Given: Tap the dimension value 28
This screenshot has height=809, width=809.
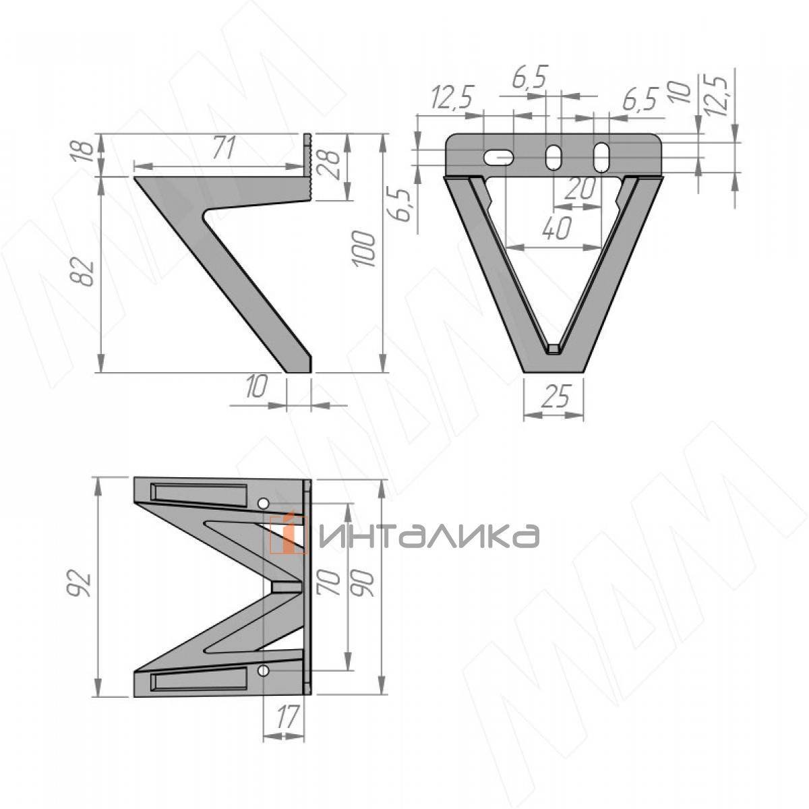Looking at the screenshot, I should click(x=332, y=165).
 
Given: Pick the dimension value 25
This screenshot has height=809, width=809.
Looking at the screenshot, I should click(x=553, y=398).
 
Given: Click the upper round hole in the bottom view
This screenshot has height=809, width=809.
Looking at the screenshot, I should click(x=264, y=503).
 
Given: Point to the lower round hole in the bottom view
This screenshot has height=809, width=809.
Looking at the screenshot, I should click(x=264, y=670).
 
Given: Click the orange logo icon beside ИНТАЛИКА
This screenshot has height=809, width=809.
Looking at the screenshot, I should click(x=289, y=535).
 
